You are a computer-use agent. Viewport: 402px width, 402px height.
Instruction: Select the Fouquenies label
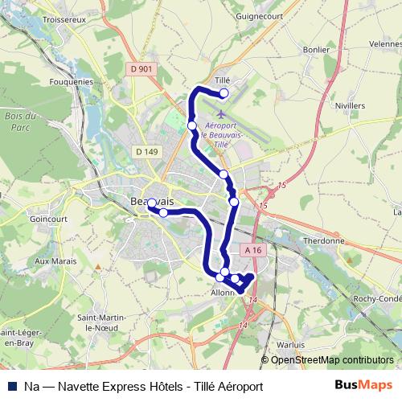[72, 81]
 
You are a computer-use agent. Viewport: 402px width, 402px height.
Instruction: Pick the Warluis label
[289, 344]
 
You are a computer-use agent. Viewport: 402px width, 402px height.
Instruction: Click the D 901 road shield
[140, 71]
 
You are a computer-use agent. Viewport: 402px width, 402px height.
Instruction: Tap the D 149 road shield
[146, 151]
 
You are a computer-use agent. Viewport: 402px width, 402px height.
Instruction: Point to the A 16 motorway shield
[254, 250]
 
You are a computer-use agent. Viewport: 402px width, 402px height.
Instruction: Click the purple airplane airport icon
[222, 113]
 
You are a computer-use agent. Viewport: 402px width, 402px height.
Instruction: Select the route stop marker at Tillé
[224, 93]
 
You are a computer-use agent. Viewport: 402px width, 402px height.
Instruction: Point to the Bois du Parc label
[16, 121]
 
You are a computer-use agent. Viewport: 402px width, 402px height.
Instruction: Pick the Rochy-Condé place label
[377, 299]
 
